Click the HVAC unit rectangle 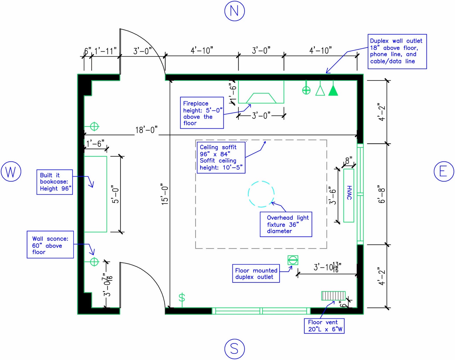349,195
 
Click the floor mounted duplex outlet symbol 293,260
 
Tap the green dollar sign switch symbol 182,298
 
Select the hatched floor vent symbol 333,296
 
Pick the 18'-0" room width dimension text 146,130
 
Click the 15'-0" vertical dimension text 165,195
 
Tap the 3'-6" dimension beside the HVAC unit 333,195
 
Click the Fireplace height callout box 202,113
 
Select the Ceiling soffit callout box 221,158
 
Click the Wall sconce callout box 50,244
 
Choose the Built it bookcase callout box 55,182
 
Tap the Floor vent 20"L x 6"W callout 324,326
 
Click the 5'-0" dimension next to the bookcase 115,194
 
